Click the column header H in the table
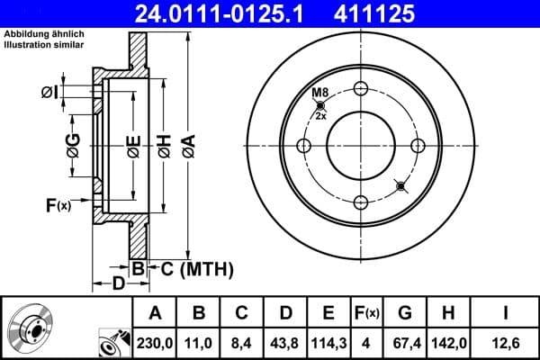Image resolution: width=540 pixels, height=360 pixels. (x=447, y=313)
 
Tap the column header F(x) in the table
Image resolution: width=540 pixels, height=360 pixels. (x=367, y=313)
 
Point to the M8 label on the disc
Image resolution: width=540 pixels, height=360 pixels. (x=319, y=94)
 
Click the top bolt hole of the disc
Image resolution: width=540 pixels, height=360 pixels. (x=361, y=88)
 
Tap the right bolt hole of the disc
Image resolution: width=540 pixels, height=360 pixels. (x=418, y=146)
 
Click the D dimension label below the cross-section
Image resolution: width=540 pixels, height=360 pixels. (x=118, y=284)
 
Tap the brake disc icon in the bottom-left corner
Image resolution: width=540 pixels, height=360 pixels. (x=29, y=328)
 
